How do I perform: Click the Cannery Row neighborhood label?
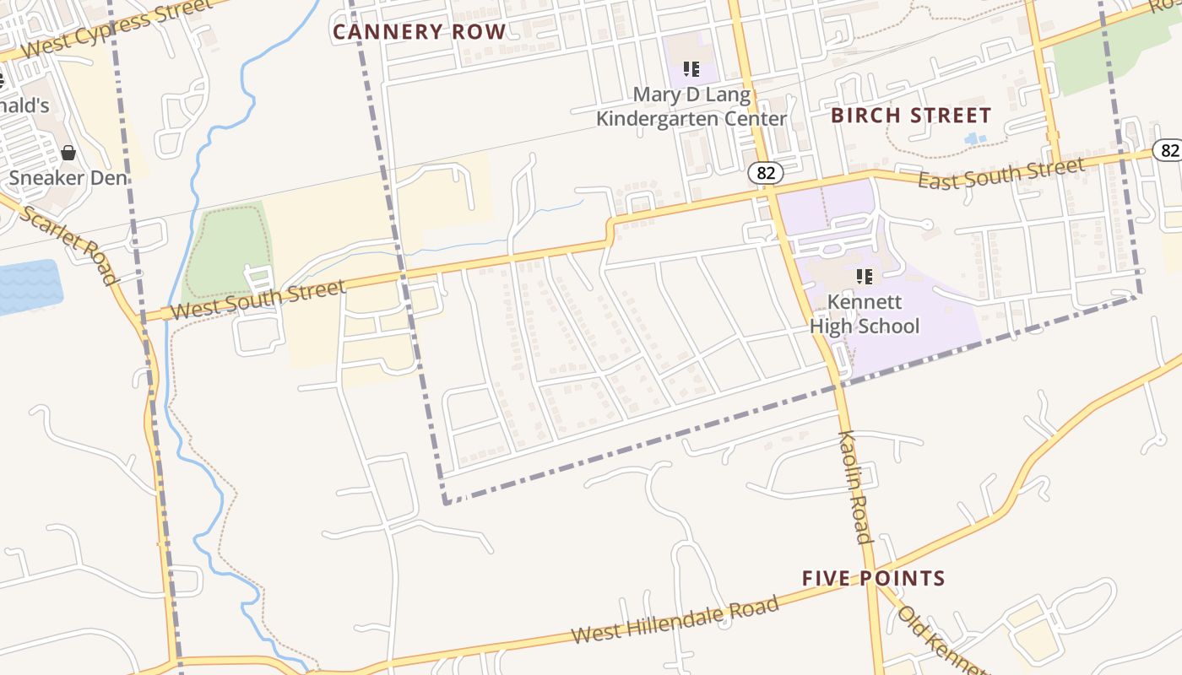[x=419, y=32]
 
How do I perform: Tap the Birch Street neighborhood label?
[x=911, y=115]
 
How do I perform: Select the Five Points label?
[x=873, y=578]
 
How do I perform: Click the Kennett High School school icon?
[x=864, y=276]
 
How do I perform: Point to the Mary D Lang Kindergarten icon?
[x=691, y=68]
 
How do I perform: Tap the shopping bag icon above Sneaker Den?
[x=68, y=153]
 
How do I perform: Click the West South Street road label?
[x=258, y=300]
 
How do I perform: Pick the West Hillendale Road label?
[x=675, y=620]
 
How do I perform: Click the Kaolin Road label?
[x=854, y=487]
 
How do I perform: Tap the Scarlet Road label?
[x=67, y=244]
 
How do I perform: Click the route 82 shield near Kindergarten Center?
[x=765, y=173]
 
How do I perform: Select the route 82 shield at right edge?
[x=1168, y=150]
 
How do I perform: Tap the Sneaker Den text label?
[x=68, y=178]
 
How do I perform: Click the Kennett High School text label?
[x=864, y=314]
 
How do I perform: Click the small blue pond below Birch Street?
[x=975, y=138]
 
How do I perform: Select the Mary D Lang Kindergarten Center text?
[x=691, y=107]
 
